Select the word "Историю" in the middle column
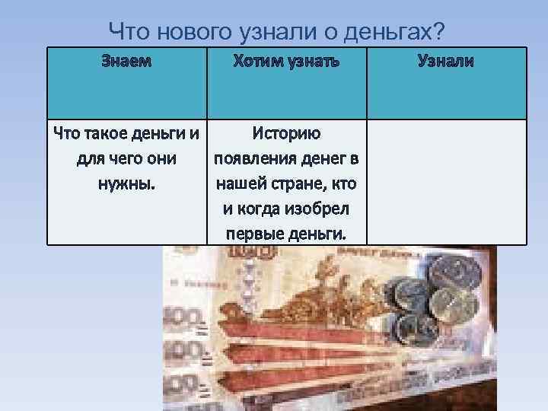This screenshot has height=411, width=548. (x=288, y=135)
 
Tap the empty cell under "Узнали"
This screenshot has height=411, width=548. (x=446, y=181)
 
